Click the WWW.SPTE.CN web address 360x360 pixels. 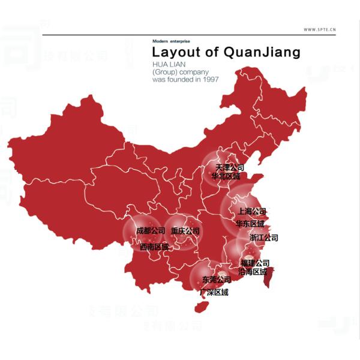pyautogui.click(x=319, y=29)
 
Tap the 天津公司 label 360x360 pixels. pyautogui.click(x=230, y=167)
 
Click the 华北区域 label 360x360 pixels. pyautogui.click(x=226, y=176)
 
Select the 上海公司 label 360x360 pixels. pyautogui.click(x=252, y=211)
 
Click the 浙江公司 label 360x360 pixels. pyautogui.click(x=264, y=238)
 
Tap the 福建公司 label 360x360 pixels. pyautogui.click(x=254, y=263)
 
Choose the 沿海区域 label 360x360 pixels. pyautogui.click(x=253, y=272)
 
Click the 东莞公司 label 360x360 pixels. pyautogui.click(x=216, y=280)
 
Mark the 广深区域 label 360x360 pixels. pyautogui.click(x=214, y=293)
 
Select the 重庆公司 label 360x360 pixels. pyautogui.click(x=185, y=231)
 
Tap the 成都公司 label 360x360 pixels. pyautogui.click(x=151, y=231)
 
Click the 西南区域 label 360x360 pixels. pyautogui.click(x=154, y=247)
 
